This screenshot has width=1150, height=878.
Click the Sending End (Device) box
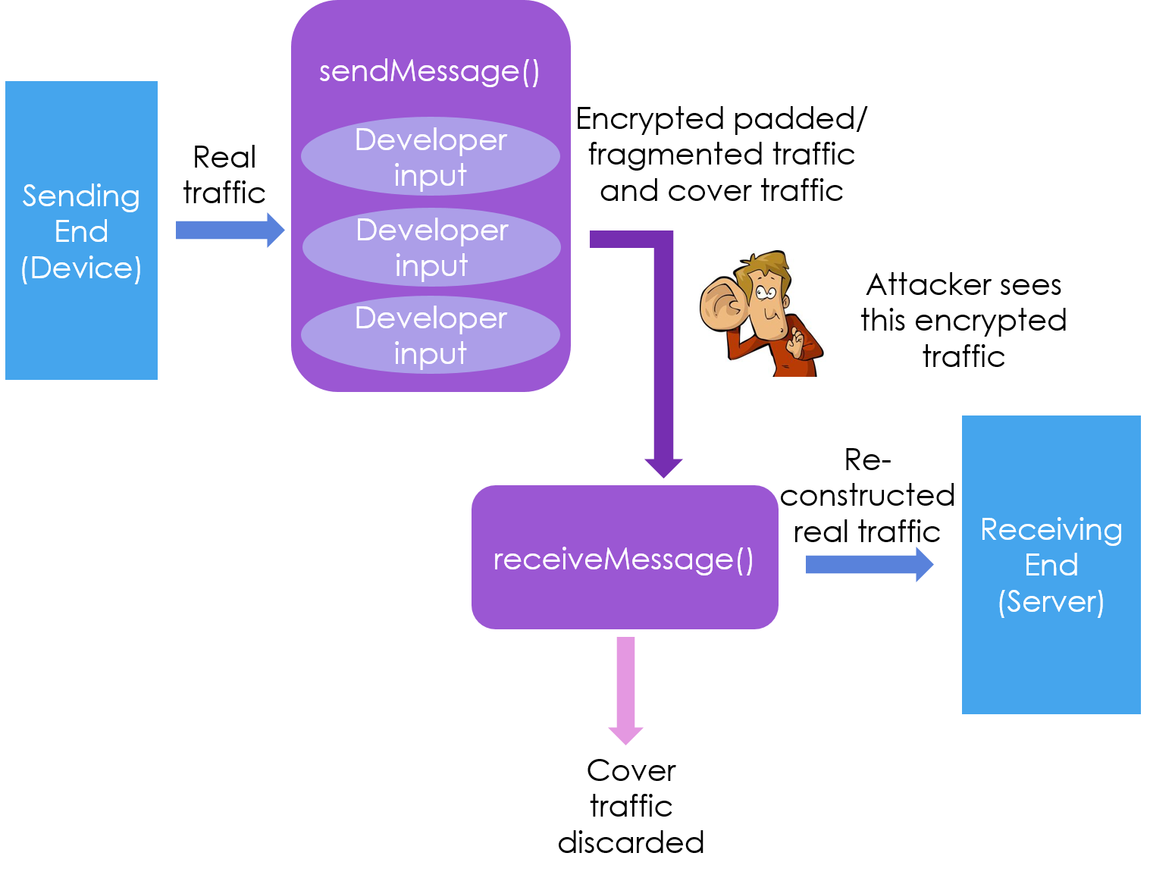81,230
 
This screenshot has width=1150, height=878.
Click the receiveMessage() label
623,559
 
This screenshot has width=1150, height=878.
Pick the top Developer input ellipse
430,156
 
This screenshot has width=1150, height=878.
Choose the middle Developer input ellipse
431,246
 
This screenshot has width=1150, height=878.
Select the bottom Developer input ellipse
430,335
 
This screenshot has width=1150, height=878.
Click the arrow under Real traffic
230,230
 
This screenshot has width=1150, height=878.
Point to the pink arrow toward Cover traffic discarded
625,690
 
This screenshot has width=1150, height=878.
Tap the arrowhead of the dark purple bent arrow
663,468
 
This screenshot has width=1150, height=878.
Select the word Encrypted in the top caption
650,120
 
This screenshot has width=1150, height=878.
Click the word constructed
867,495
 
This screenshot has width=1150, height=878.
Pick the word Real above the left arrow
224,157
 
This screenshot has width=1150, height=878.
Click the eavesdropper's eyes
766,293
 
